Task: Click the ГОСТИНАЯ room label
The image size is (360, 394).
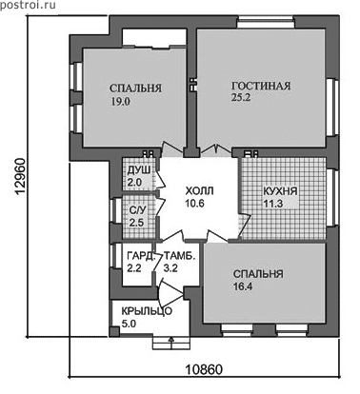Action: (x=261, y=86)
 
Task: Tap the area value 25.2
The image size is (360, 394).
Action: (x=241, y=97)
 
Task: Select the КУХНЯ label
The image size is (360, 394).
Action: (x=280, y=191)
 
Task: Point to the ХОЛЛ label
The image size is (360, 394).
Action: (x=199, y=191)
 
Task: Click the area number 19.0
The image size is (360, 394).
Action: (x=121, y=102)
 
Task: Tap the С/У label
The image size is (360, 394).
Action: (x=136, y=210)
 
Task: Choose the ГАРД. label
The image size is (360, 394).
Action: (x=140, y=256)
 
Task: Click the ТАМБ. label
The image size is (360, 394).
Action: (x=179, y=256)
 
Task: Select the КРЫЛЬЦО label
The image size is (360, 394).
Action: (x=147, y=311)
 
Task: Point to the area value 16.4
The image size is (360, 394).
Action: (x=243, y=286)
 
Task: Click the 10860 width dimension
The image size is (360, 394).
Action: (x=204, y=369)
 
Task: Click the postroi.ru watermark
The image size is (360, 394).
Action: (x=28, y=5)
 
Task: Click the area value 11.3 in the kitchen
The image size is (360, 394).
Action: (x=273, y=204)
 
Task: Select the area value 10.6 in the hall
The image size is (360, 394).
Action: (x=194, y=204)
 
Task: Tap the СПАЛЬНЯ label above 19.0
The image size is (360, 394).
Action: (x=135, y=89)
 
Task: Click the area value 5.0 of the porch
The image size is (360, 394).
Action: (x=129, y=324)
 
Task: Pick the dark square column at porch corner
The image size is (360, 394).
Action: (x=114, y=331)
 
